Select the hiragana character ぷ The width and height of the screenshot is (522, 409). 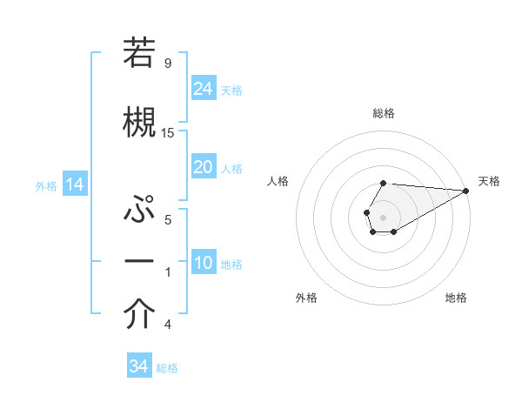140,211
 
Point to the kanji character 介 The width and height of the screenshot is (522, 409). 140,314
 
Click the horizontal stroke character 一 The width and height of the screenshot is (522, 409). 140,262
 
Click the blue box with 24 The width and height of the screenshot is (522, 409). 203,88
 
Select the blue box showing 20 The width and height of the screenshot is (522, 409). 203,167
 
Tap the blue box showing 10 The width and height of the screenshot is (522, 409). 203,263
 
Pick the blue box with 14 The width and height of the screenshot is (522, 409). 74,184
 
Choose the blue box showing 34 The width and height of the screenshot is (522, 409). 138,366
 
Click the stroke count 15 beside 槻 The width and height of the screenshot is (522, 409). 168,132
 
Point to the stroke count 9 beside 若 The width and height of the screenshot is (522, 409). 167,63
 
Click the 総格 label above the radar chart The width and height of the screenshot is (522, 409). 383,113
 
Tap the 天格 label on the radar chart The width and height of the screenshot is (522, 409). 489,181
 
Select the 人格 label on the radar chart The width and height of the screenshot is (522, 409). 278,181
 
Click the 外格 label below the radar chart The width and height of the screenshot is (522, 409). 306,298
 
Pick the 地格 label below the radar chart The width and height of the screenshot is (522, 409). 456,298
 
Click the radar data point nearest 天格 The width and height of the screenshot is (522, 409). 466,191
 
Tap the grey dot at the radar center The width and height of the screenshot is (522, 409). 383,216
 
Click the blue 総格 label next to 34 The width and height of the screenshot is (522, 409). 167,367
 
